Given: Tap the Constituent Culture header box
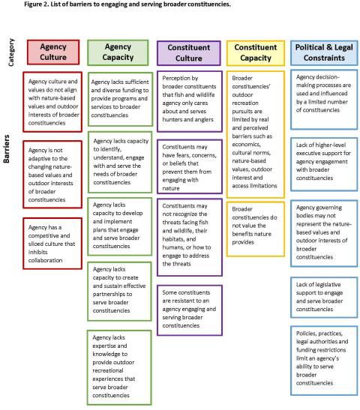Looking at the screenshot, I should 187,52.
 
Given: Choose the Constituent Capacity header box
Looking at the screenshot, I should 256,52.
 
